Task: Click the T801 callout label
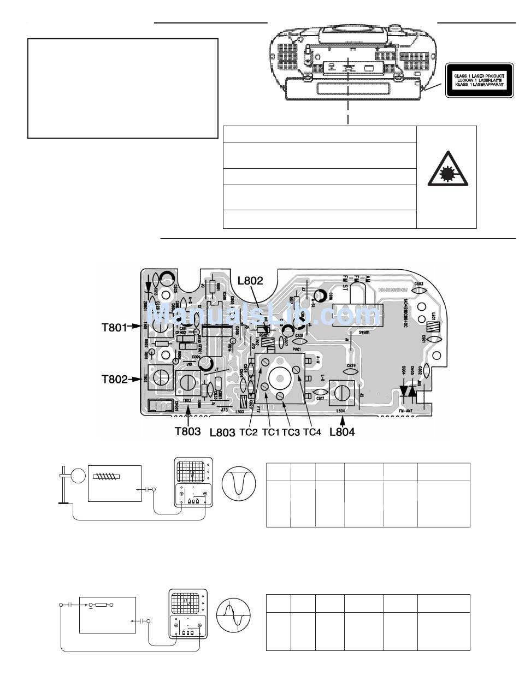coord(114,328)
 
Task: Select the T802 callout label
coord(114,378)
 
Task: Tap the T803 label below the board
coord(187,431)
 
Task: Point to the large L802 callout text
coord(250,281)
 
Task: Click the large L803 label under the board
coord(222,431)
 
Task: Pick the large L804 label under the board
coord(342,431)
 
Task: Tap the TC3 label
coord(291,431)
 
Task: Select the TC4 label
coord(312,431)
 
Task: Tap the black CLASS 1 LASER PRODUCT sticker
coord(479,80)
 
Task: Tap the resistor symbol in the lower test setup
coord(101,605)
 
